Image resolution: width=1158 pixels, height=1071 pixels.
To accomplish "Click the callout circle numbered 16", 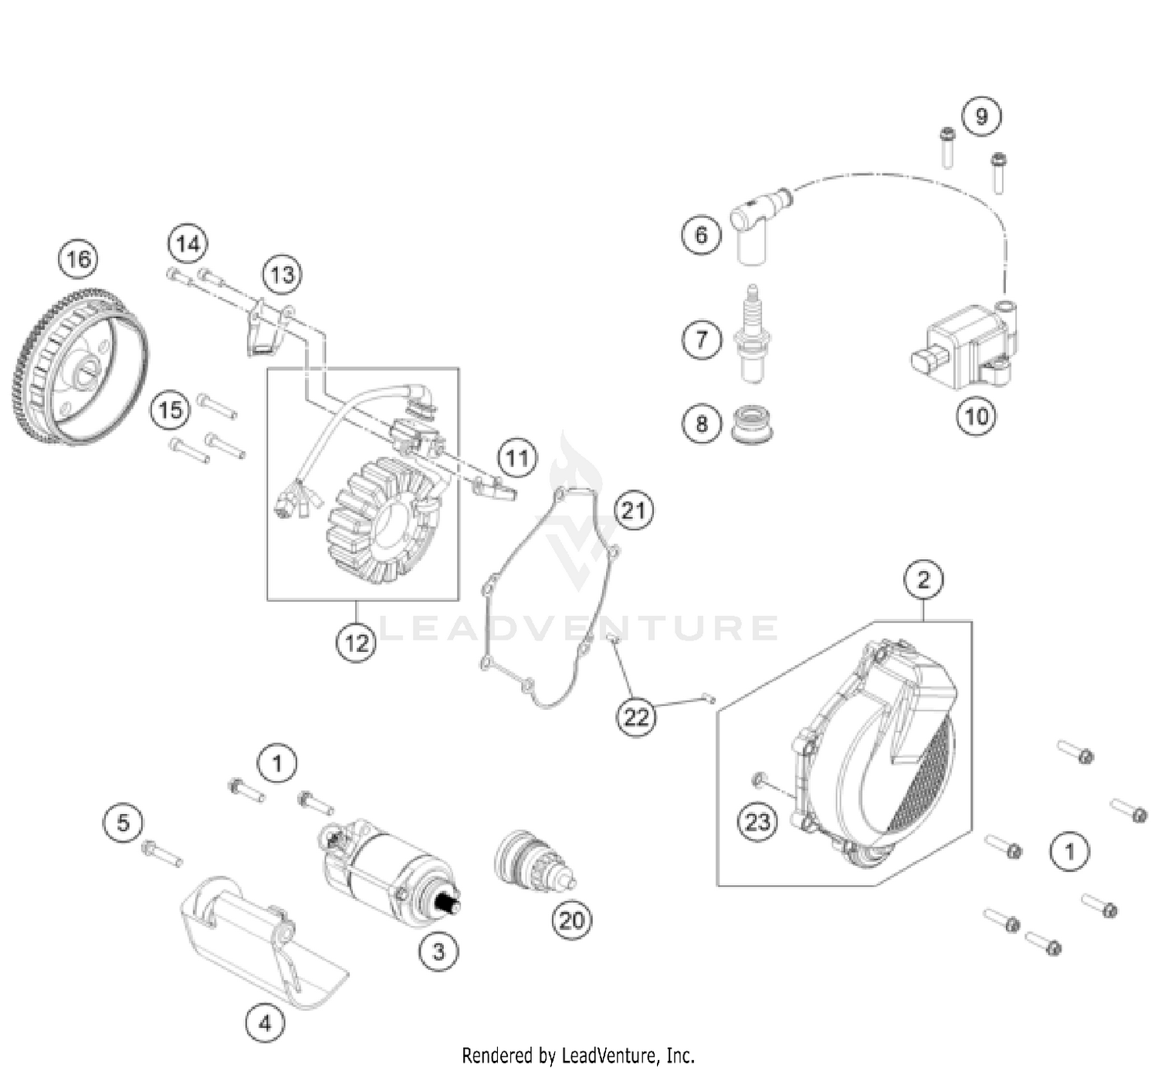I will [x=79, y=258].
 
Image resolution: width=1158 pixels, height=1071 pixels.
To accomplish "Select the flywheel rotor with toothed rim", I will [x=80, y=367].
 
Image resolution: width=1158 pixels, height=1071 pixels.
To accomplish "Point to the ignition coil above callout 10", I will [x=965, y=346].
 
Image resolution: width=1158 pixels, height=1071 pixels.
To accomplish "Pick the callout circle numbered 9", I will [x=981, y=117].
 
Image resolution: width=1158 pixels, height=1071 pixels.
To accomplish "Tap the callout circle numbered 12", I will [x=356, y=642].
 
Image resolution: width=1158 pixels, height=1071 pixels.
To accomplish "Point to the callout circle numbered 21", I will [x=634, y=510].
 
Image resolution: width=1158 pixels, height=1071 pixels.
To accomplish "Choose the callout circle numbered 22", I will [x=635, y=718].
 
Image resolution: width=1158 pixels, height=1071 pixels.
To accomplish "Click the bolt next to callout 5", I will [x=162, y=853].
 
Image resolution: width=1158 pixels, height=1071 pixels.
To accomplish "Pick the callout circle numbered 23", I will [x=757, y=821].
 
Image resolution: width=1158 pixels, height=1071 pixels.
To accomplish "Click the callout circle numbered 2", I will [x=923, y=579].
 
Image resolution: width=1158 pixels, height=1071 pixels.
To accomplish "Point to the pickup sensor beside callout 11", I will [x=493, y=488].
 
